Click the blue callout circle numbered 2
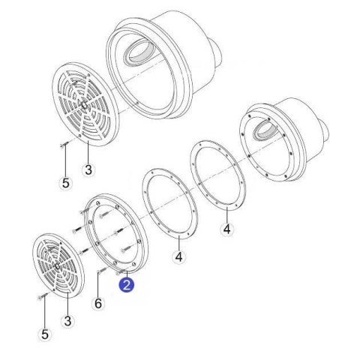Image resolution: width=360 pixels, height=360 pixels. (x=126, y=284)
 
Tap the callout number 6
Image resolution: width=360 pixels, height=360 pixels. (x=98, y=304)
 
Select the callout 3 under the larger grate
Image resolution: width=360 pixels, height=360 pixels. (x=88, y=169)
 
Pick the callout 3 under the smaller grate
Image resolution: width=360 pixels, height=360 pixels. (x=67, y=321)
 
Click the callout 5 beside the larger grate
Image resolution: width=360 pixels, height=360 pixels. (x=65, y=183)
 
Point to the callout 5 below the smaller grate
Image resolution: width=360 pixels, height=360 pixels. (x=45, y=334)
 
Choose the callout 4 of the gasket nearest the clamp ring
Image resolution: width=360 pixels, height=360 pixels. (x=179, y=256)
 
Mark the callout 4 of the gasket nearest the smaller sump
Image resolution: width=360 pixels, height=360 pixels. (x=227, y=229)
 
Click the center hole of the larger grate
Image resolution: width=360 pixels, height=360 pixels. (x=85, y=105)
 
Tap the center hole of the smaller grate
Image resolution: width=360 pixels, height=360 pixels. (x=58, y=266)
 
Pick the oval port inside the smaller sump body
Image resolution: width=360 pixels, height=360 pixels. (x=265, y=130)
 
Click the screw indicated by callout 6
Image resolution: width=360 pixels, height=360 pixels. (x=103, y=270)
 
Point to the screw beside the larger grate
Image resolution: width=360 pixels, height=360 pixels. (x=64, y=144)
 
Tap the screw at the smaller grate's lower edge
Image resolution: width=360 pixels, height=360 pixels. (x=43, y=296)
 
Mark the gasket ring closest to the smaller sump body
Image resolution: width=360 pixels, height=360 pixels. (x=218, y=175)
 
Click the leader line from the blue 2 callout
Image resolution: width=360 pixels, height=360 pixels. (x=127, y=274)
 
